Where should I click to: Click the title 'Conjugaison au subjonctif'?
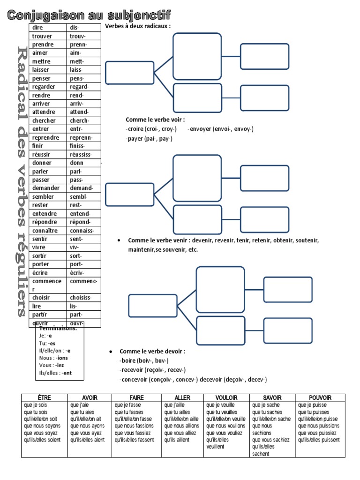(89, 15)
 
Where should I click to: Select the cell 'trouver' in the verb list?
(42, 36)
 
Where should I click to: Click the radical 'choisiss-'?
(81, 298)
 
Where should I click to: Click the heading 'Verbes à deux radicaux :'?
(138, 26)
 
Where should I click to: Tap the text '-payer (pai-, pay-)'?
(149, 139)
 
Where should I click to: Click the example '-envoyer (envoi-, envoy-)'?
(221, 129)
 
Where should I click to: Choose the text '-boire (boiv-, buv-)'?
(144, 360)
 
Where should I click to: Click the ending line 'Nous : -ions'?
(54, 358)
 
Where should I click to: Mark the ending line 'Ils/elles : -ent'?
(56, 373)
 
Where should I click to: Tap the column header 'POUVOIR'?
(320, 398)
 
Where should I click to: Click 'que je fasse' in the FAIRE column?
(128, 405)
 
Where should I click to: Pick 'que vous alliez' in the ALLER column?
(180, 433)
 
